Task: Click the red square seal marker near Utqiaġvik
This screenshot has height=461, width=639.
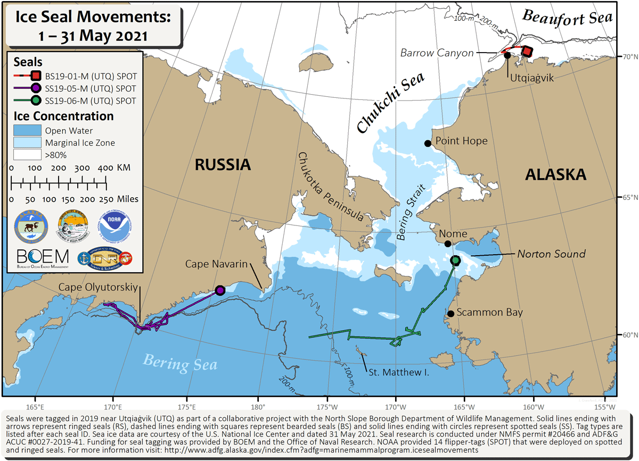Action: (x=527, y=52)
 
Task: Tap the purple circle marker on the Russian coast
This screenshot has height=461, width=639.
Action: (x=220, y=290)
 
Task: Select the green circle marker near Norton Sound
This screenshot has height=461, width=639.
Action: (x=455, y=260)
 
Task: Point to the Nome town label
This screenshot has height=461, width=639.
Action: (x=453, y=234)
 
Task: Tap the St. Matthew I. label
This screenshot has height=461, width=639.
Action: (x=399, y=373)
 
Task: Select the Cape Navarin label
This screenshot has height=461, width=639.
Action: (x=217, y=264)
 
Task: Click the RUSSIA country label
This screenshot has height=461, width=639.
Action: (x=223, y=164)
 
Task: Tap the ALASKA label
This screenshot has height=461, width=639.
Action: (x=555, y=174)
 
